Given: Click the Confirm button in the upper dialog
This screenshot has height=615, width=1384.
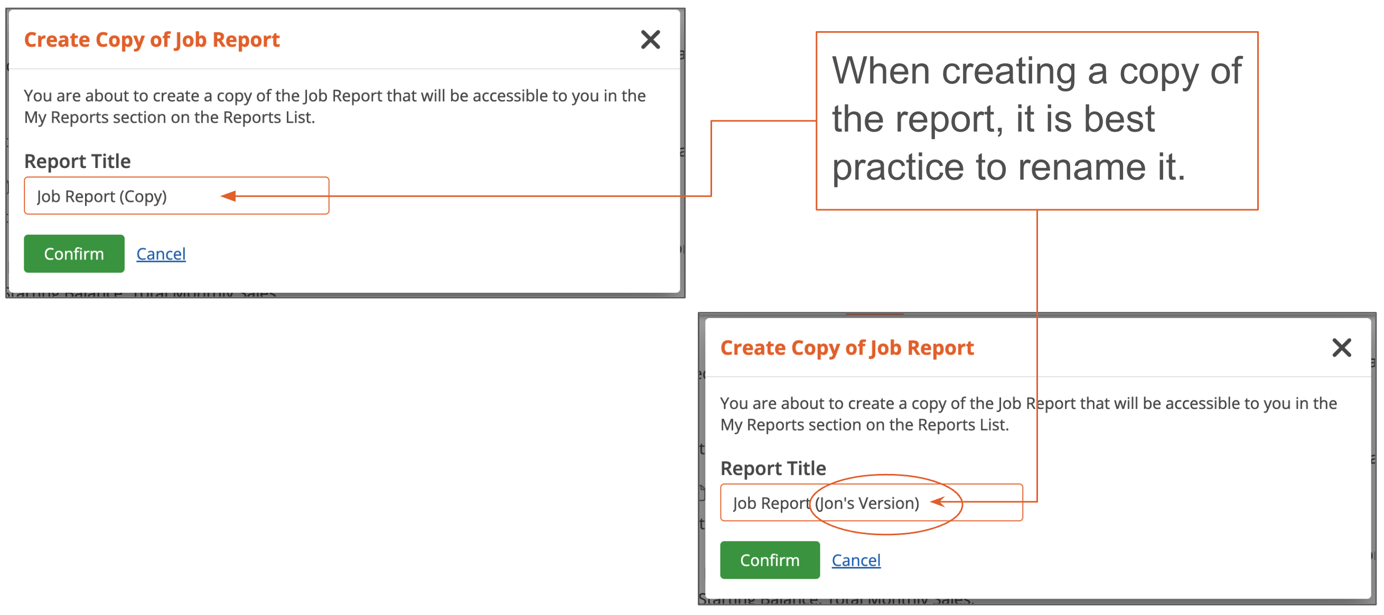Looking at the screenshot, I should point(73,254).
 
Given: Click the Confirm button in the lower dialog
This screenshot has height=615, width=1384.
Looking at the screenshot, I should point(769,560).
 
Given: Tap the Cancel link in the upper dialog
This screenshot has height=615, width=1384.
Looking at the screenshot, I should point(161,254).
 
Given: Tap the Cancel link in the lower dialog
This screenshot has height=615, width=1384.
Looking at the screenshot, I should point(856,560).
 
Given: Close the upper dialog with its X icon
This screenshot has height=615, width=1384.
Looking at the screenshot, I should point(650,39).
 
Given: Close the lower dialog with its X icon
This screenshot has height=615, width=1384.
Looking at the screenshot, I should point(1342,348).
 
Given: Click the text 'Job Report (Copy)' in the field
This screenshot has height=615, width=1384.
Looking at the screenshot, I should point(101,196).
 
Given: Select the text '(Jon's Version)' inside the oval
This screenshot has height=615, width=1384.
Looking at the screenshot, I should point(867,503).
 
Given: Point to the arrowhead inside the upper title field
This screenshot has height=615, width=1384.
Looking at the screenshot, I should point(229,196).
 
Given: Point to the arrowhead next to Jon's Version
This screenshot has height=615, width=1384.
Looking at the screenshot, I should point(938,502).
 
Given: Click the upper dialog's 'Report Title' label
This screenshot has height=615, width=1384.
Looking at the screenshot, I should point(77,161).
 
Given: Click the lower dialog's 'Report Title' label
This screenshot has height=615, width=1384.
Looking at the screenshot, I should point(773,468).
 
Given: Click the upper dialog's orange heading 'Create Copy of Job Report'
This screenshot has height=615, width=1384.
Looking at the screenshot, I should point(152,40).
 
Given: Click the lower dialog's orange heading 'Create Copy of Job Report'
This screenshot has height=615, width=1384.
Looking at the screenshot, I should point(847,348).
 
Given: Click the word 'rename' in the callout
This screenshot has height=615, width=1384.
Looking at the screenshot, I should point(1082,167).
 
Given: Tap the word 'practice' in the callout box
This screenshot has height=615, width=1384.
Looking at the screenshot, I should point(898,167).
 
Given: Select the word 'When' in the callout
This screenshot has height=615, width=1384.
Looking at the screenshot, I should point(881,71).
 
